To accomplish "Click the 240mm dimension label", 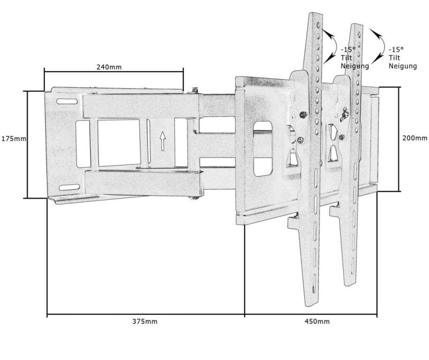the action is [109, 67].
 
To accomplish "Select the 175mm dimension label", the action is [14, 139].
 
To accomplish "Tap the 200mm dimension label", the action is [414, 138].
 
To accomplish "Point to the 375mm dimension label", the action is [145, 321].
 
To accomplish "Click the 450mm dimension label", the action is [317, 321].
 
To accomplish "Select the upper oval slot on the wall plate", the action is [67, 101].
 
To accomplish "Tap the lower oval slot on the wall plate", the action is [69, 187].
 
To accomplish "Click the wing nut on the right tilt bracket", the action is [343, 114].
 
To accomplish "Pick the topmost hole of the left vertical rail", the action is [318, 25].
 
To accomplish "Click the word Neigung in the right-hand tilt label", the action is [403, 66].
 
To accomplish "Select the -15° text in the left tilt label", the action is [348, 50].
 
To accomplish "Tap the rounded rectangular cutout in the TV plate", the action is [263, 149].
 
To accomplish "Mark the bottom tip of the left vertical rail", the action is [312, 306].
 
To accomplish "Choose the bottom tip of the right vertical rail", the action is [350, 285].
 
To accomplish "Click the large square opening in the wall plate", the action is [119, 143].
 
